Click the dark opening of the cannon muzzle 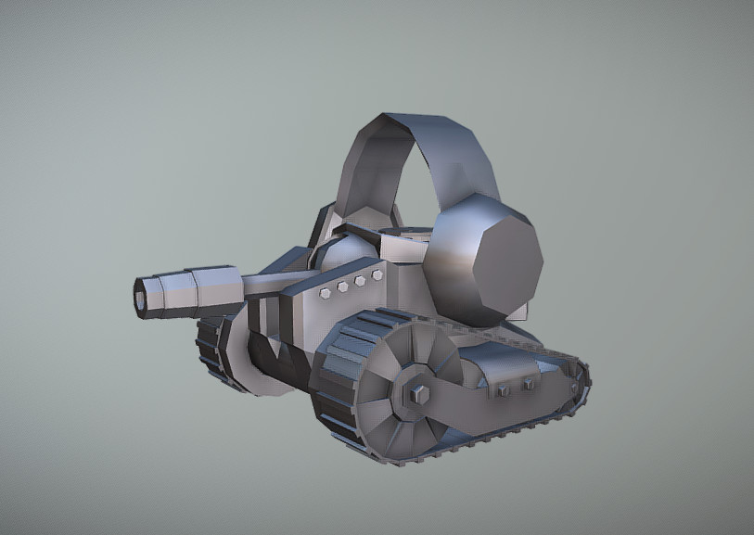coord(140,297)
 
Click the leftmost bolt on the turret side coord(326,293)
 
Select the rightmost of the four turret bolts coord(377,275)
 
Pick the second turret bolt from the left coord(343,287)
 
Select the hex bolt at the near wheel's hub coord(417,394)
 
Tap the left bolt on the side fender coord(504,391)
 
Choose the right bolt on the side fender coord(529,383)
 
